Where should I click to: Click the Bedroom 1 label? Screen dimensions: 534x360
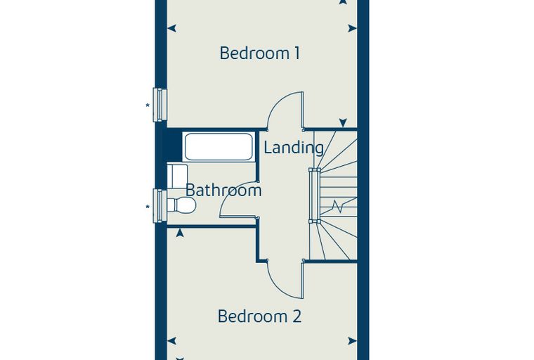(260, 53)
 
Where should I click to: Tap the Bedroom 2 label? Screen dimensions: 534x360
(259, 316)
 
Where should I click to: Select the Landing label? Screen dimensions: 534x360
(294, 148)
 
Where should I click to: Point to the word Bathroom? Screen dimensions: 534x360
(223, 191)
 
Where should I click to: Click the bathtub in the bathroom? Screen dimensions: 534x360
(219, 147)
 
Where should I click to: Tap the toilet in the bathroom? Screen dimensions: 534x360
(181, 205)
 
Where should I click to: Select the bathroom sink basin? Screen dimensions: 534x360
(177, 176)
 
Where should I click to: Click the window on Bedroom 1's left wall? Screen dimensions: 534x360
(159, 105)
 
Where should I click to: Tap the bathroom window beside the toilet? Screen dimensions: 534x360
(159, 206)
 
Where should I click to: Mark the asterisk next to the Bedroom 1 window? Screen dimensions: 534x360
(148, 105)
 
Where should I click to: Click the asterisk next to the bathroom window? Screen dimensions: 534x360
(148, 207)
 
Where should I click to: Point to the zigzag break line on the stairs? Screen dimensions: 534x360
(337, 206)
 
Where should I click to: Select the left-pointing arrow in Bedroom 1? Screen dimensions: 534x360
(171, 28)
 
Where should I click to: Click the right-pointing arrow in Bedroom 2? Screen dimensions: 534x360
(352, 340)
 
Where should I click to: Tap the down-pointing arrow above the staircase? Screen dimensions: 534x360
(343, 123)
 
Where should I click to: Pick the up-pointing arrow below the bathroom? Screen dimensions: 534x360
(180, 233)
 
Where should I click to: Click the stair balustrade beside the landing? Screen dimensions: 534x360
(313, 195)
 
